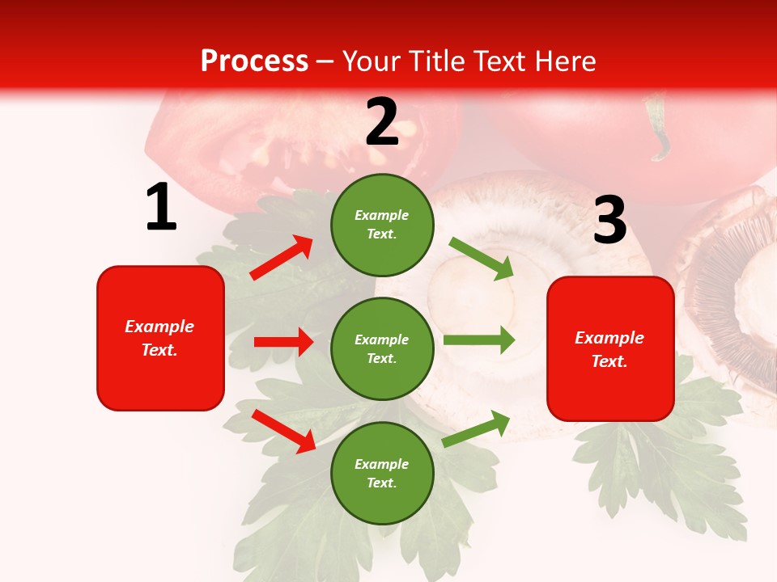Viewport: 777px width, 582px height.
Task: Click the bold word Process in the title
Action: click(254, 61)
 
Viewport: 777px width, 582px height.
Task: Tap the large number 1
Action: click(161, 208)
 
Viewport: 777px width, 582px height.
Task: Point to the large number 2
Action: click(382, 122)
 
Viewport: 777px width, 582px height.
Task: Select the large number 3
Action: click(610, 221)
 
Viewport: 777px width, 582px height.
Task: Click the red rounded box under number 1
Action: click(160, 338)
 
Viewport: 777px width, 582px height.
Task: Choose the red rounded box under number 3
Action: click(610, 348)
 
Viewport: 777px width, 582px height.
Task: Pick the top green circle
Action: click(382, 225)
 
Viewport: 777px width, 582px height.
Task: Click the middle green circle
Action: click(382, 348)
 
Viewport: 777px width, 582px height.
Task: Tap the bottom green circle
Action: click(382, 473)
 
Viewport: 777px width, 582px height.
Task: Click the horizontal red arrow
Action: click(283, 342)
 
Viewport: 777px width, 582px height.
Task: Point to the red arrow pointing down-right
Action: click(284, 431)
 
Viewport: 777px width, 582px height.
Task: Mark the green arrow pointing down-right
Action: click(482, 258)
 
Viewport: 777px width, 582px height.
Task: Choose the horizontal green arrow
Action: click(479, 340)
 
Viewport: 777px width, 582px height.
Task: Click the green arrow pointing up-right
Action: click(477, 428)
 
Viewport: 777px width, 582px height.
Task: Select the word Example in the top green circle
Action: click(382, 216)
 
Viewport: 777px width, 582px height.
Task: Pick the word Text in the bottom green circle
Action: click(380, 483)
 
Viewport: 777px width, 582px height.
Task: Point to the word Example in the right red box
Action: click(609, 338)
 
